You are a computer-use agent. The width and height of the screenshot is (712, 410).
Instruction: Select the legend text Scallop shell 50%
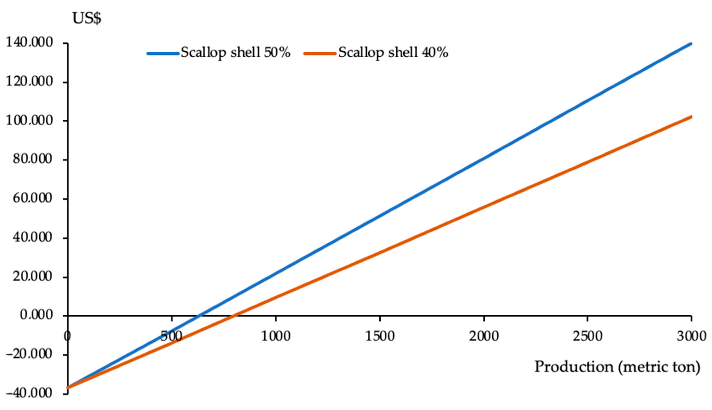(235, 52)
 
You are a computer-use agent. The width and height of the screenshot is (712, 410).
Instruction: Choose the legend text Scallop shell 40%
(393, 52)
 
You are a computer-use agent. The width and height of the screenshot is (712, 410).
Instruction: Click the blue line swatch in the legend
(163, 53)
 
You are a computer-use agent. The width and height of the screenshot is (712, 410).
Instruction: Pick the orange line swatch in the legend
(320, 53)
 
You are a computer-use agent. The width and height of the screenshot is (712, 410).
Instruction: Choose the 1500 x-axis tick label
(380, 337)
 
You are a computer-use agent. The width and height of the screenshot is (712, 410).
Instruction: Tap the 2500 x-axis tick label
(587, 337)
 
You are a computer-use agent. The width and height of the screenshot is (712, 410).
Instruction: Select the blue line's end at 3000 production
(690, 43)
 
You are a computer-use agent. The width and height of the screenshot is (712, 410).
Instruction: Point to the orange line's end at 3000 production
(690, 117)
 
